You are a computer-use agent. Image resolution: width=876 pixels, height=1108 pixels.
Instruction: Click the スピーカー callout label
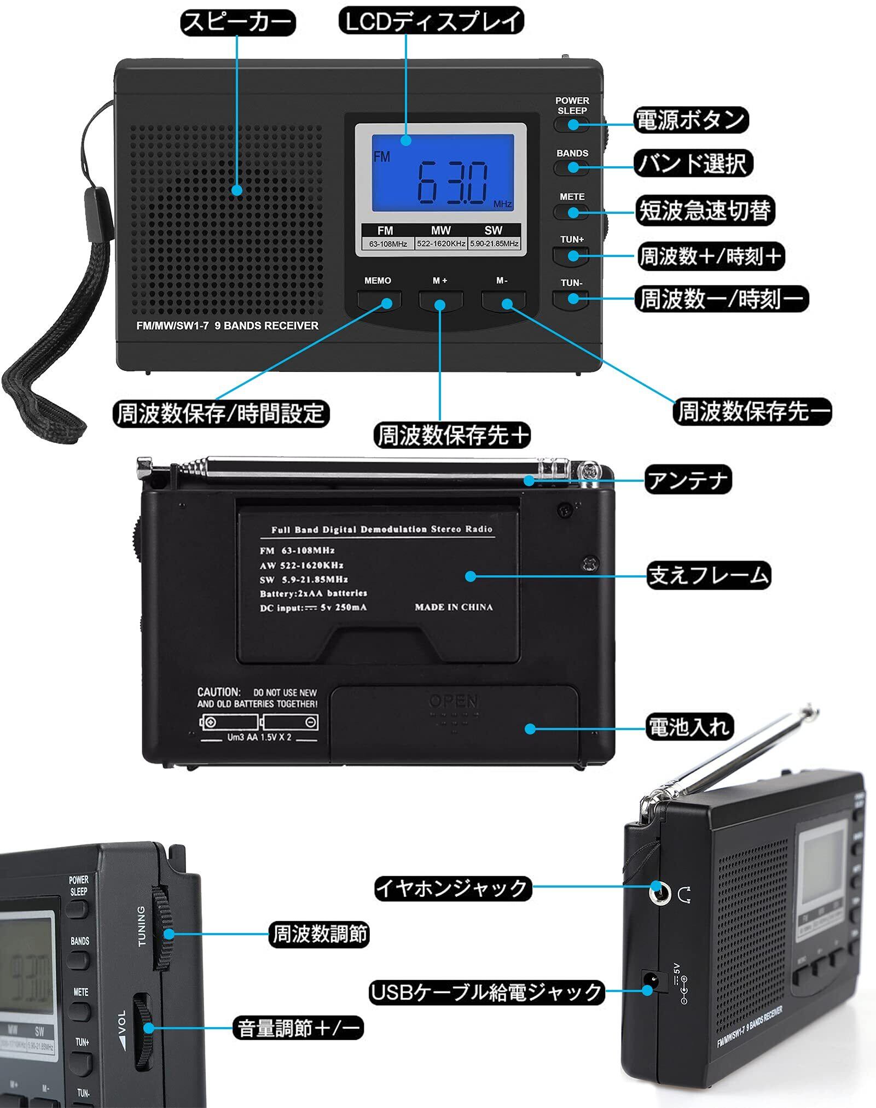pos(237,23)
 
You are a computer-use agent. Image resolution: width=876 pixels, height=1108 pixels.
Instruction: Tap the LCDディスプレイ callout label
pos(432,22)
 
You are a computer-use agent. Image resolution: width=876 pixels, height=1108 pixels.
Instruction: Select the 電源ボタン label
pos(691,120)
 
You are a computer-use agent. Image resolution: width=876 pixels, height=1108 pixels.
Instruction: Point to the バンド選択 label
pos(693,164)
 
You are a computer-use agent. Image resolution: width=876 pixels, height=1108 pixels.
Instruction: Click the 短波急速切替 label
pos(705,211)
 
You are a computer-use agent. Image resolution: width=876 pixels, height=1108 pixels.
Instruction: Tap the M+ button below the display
pos(440,300)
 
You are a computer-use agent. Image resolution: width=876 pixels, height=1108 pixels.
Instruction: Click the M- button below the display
pos(503,300)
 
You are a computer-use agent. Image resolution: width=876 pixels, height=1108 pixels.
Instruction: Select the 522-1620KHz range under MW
pos(441,244)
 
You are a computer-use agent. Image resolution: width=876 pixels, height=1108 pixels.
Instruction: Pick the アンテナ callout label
pos(688,480)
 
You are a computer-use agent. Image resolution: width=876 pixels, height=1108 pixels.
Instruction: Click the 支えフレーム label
pos(709,576)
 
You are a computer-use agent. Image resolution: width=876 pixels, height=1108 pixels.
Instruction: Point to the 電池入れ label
pos(689,727)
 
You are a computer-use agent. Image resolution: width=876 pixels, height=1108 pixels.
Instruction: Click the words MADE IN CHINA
pos(454,607)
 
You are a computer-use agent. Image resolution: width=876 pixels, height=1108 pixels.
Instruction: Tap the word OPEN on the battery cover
pos(454,701)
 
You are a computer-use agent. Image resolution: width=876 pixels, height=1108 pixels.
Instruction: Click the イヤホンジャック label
pos(452,888)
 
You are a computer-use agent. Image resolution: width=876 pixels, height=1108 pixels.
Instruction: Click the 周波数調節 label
pos(320,934)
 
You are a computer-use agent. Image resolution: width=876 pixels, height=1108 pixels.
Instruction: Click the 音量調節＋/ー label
pos(299,1028)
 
